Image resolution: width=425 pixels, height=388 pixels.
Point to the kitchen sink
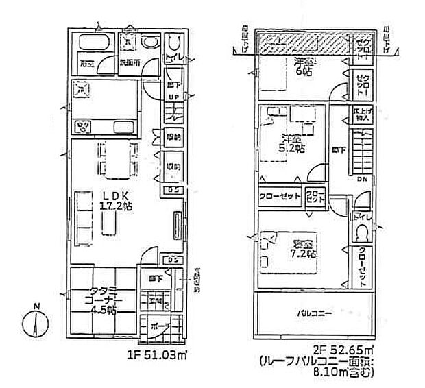(84, 88)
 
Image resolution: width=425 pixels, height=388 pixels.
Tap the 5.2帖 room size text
(296, 148)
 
